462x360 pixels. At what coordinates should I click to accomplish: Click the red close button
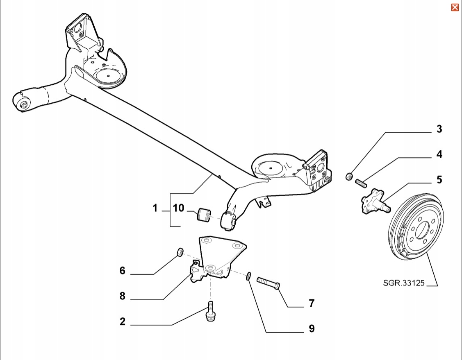click(455, 7)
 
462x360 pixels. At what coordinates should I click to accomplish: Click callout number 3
click(439, 129)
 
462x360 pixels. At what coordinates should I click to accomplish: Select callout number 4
click(439, 155)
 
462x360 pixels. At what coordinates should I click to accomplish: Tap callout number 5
click(439, 180)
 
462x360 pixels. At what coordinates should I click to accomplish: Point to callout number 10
click(179, 208)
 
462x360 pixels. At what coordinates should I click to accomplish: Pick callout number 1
click(155, 208)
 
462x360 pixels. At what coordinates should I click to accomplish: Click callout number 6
click(122, 271)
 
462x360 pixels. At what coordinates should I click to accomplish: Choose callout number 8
click(122, 296)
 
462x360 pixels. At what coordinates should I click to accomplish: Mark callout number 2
click(122, 322)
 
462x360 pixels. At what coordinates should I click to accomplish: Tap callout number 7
click(312, 303)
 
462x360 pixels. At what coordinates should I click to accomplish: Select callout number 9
click(312, 328)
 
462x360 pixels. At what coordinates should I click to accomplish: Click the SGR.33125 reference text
click(403, 283)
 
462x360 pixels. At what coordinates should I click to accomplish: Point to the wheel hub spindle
click(374, 202)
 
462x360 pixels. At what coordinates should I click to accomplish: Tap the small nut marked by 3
click(349, 177)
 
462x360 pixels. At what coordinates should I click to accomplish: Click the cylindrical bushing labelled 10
click(204, 215)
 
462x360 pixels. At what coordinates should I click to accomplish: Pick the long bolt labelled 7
click(269, 283)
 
